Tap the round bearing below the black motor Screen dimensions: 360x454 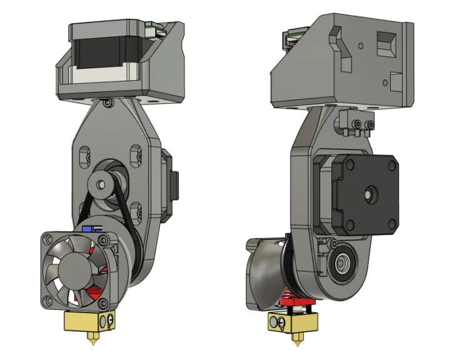[x=343, y=261]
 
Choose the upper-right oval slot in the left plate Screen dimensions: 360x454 [x=134, y=154]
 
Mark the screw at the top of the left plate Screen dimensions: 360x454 [x=109, y=102]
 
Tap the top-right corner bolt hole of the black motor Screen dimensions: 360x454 [x=393, y=164]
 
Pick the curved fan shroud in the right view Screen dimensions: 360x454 [x=266, y=275]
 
